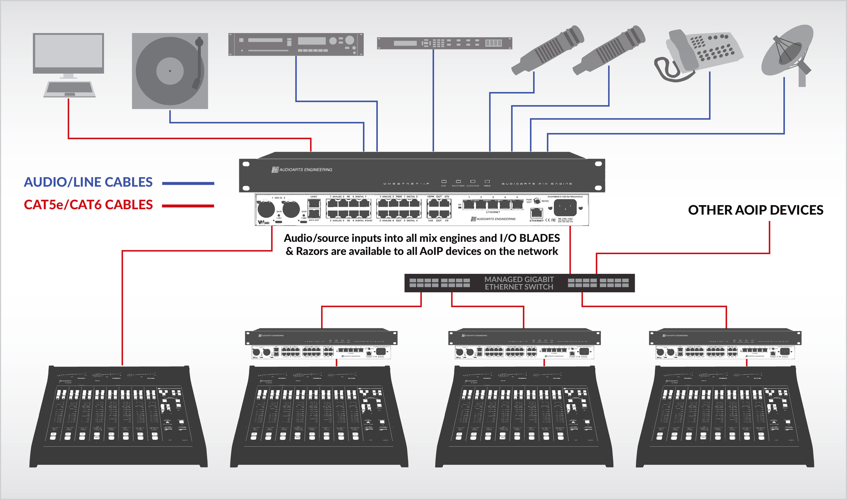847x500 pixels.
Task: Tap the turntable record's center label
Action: tap(170, 71)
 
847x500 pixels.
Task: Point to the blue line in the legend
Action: tap(188, 183)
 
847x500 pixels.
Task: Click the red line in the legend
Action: tap(188, 206)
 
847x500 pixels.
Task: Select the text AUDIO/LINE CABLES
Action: tap(88, 182)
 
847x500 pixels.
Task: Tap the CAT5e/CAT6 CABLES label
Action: tap(88, 205)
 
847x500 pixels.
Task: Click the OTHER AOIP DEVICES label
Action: tap(756, 210)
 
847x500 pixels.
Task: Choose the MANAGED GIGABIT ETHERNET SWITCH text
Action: tap(519, 283)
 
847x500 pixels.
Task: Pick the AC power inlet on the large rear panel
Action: tap(565, 207)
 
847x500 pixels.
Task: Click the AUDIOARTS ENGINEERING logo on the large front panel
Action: tap(302, 169)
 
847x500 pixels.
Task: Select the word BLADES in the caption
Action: tap(540, 238)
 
